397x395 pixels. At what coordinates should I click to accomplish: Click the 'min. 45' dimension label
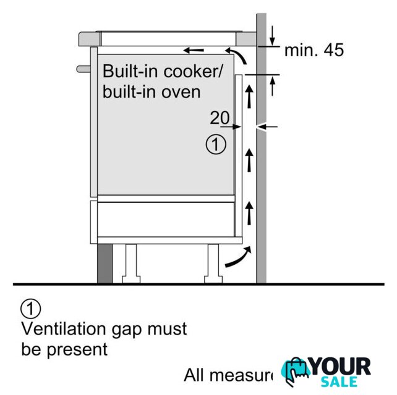point(314,51)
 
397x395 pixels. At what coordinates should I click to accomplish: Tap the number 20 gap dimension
point(220,117)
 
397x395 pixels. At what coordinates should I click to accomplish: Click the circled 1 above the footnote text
point(30,307)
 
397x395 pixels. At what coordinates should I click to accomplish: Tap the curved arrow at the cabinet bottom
point(239,258)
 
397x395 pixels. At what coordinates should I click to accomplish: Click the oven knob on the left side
point(82,66)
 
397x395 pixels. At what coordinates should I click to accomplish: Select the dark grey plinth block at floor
point(105,262)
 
